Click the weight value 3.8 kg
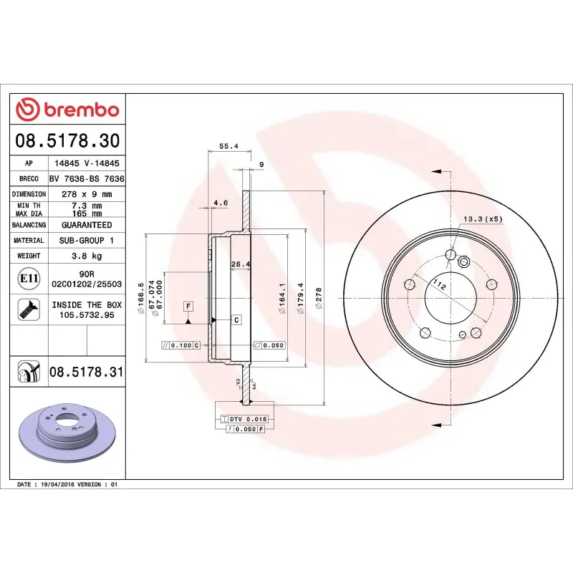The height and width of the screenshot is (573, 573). click(x=87, y=256)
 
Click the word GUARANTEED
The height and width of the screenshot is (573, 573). click(x=87, y=225)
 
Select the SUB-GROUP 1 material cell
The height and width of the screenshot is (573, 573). click(x=87, y=241)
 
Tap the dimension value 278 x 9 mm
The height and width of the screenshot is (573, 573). click(x=87, y=194)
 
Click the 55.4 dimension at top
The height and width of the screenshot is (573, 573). click(x=228, y=146)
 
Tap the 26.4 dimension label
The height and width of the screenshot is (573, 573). click(x=240, y=264)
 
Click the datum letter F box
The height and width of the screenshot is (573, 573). click(x=188, y=307)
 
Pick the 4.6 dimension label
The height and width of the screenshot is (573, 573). click(x=221, y=203)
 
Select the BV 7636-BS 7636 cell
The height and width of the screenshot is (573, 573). click(x=87, y=178)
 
